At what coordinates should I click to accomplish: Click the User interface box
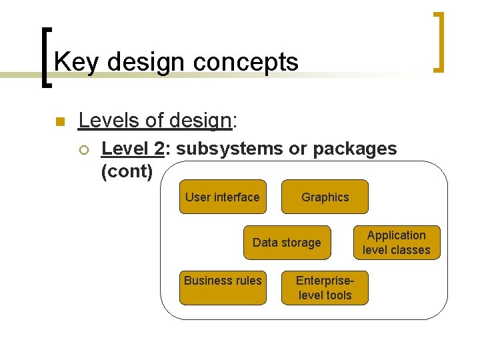coord(223,197)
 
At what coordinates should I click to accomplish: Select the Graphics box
coord(325,197)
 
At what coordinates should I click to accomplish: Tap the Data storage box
coord(287,243)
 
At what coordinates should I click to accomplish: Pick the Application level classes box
coord(397,243)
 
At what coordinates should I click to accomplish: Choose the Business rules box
coord(223,287)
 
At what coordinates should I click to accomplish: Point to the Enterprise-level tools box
coord(325,287)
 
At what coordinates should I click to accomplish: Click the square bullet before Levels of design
coord(59,121)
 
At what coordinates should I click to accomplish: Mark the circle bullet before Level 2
coord(83,149)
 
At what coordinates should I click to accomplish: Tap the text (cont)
coord(127,171)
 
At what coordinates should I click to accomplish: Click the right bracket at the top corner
coord(438,41)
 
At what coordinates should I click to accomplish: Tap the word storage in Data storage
coord(301,243)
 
